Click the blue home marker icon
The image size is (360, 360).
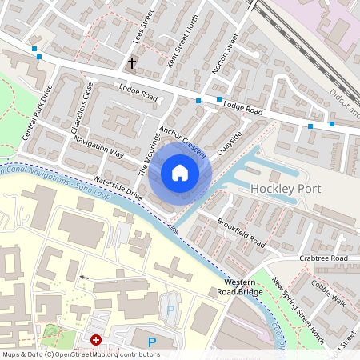click(180, 173)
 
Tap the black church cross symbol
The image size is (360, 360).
click(132, 62)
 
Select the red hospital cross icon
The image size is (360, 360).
click(97, 340)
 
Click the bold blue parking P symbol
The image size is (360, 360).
click(152, 342)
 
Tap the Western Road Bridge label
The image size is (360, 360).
click(245, 288)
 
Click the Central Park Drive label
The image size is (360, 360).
click(36, 112)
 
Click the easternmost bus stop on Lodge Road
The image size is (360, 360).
click(332, 124)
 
